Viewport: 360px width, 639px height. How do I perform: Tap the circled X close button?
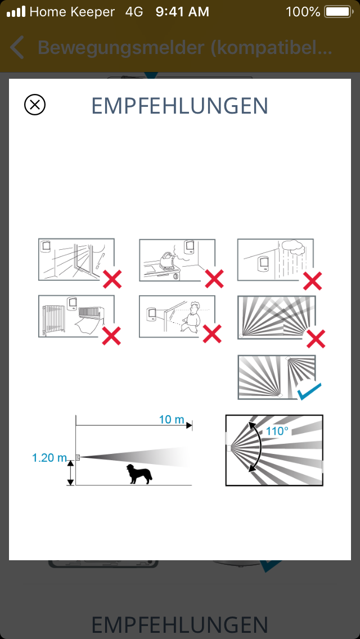[x=35, y=105]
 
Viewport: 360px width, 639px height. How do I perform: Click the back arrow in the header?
[x=17, y=47]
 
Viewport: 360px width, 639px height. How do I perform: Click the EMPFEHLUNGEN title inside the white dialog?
[x=179, y=106]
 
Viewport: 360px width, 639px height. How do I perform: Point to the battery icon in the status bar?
[x=337, y=12]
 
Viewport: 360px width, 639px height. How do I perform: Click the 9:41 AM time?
[x=182, y=12]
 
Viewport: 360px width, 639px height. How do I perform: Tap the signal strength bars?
[x=16, y=12]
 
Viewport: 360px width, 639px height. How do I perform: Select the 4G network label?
[x=134, y=12]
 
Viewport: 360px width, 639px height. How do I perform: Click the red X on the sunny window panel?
[x=112, y=279]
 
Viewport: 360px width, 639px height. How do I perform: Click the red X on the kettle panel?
[x=214, y=279]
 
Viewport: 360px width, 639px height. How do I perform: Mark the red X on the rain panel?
[x=312, y=280]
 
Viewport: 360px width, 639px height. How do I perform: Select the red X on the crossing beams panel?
[x=316, y=339]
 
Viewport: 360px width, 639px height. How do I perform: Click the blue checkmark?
[x=309, y=391]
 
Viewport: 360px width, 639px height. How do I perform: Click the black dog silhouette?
[x=139, y=474]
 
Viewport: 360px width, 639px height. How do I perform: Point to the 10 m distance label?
[x=172, y=420]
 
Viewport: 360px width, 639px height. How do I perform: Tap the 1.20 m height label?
[x=49, y=458]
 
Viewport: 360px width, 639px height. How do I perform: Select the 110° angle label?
[x=277, y=431]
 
